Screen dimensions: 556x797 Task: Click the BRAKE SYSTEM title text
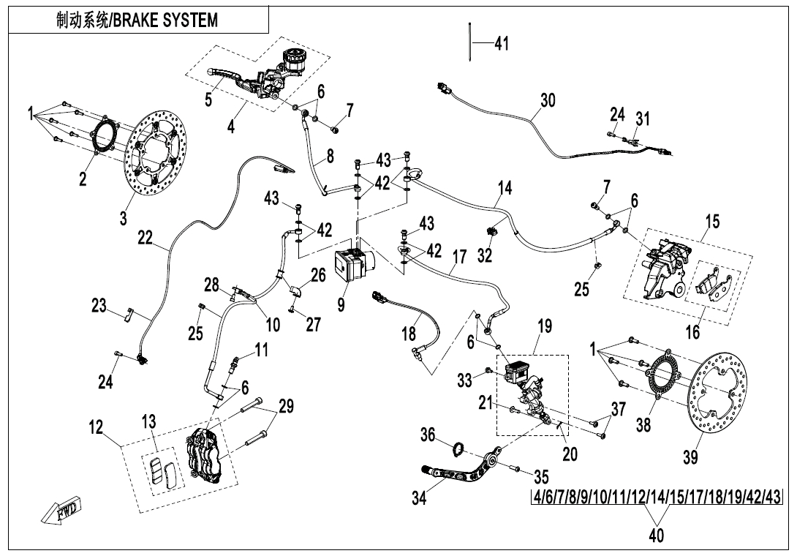(137, 20)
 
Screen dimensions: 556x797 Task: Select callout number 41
(501, 44)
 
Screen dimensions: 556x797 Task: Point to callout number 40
(656, 536)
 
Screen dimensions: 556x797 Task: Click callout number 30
(548, 100)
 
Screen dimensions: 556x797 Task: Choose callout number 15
(712, 221)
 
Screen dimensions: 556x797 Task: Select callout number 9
(341, 304)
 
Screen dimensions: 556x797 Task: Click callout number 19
(544, 327)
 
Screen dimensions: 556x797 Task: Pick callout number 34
(419, 497)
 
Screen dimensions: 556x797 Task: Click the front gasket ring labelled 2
(103, 137)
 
